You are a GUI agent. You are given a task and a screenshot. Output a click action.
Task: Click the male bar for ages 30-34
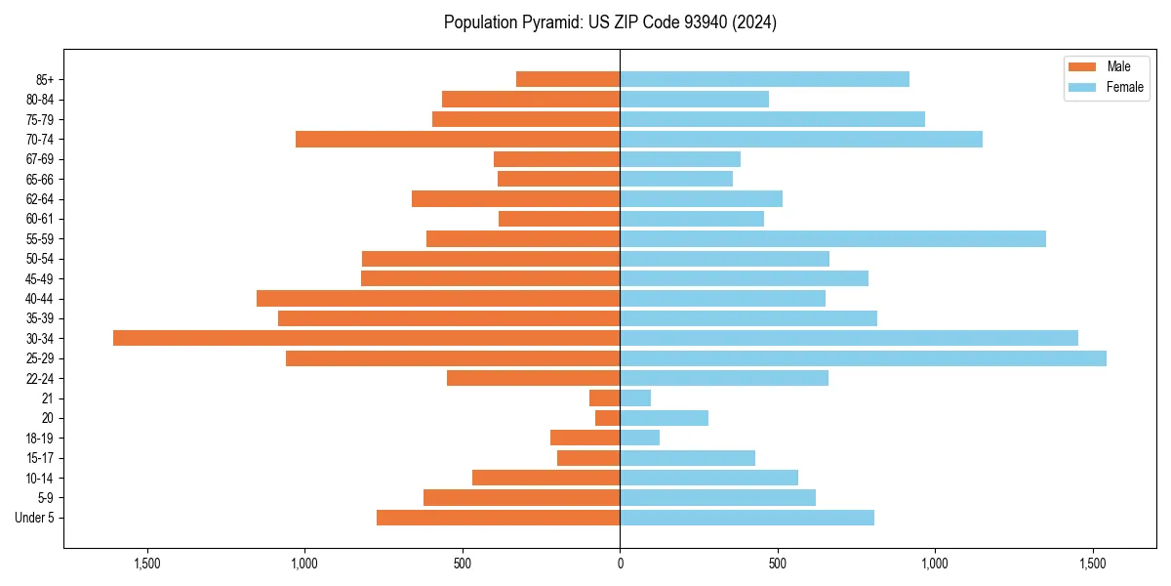pos(366,338)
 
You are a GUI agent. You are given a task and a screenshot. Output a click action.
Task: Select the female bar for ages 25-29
pos(863,358)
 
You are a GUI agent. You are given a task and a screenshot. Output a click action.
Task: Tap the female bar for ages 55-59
pos(832,238)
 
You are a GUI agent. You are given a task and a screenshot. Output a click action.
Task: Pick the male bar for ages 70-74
pos(458,139)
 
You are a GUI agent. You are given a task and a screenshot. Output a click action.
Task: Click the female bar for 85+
pos(764,79)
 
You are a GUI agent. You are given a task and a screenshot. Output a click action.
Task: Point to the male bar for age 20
pos(608,418)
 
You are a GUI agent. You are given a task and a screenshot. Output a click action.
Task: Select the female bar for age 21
pos(635,398)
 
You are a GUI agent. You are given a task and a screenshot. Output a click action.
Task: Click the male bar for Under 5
pos(498,518)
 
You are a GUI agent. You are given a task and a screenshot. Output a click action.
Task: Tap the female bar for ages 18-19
pos(639,438)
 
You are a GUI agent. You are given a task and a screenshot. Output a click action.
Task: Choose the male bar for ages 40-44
pos(438,298)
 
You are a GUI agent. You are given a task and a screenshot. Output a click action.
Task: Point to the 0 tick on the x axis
pos(620,565)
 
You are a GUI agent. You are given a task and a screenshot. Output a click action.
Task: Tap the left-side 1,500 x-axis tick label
pos(147,565)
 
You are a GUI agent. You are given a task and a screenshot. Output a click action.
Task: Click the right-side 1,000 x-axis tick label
pos(935,565)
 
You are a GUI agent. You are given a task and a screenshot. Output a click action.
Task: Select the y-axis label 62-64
pos(40,199)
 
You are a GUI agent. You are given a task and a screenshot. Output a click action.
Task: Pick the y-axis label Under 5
pos(34,518)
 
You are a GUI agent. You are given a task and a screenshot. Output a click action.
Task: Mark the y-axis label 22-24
pos(40,378)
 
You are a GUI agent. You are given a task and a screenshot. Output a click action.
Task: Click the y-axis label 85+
pos(45,79)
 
